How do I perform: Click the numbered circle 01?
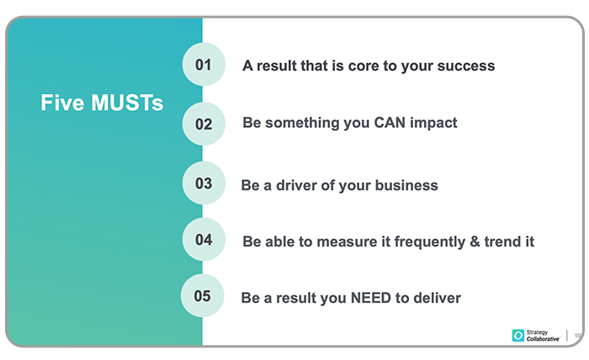coord(204,64)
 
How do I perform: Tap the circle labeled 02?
coord(204,124)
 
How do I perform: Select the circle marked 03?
coord(204,183)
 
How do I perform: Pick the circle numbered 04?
coord(204,239)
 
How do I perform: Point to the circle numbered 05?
coord(202,295)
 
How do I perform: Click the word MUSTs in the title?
coord(127,103)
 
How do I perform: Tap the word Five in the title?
coord(62,103)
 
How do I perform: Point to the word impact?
coord(433,124)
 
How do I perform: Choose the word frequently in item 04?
coord(430,242)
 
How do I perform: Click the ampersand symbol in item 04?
coord(475,241)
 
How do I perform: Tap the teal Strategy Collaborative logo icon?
coord(518,336)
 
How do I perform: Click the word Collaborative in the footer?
coord(543,339)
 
